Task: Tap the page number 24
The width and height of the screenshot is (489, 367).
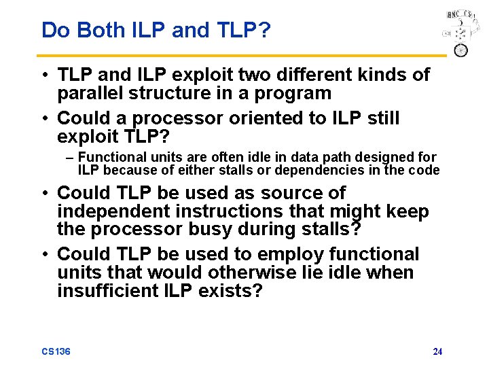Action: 437,351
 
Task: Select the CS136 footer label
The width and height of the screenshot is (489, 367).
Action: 56,351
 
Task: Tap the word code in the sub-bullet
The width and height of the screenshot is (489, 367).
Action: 427,170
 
